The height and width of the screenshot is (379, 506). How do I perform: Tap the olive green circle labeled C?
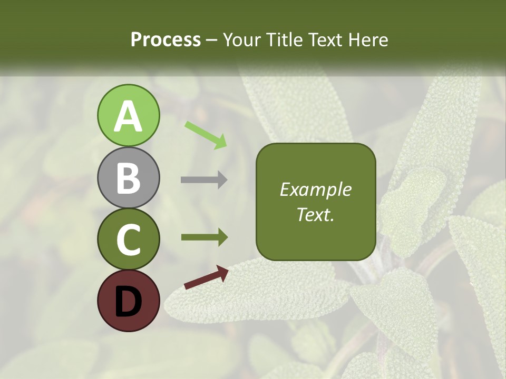(129, 240)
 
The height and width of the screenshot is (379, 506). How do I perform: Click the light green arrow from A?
(206, 134)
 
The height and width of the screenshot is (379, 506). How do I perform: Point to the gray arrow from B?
(204, 180)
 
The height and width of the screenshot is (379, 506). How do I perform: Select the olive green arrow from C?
(204, 237)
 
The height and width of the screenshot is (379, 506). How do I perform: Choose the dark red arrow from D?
(206, 277)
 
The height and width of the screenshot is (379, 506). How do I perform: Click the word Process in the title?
(166, 40)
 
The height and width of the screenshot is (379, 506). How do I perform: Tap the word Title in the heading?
(284, 40)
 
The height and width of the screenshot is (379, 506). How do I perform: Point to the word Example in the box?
(316, 189)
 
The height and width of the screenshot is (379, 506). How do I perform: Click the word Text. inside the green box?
(316, 214)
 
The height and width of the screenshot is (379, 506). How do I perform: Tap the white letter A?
(129, 117)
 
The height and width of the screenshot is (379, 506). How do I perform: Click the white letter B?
(129, 178)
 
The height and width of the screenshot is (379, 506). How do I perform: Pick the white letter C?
(129, 240)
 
